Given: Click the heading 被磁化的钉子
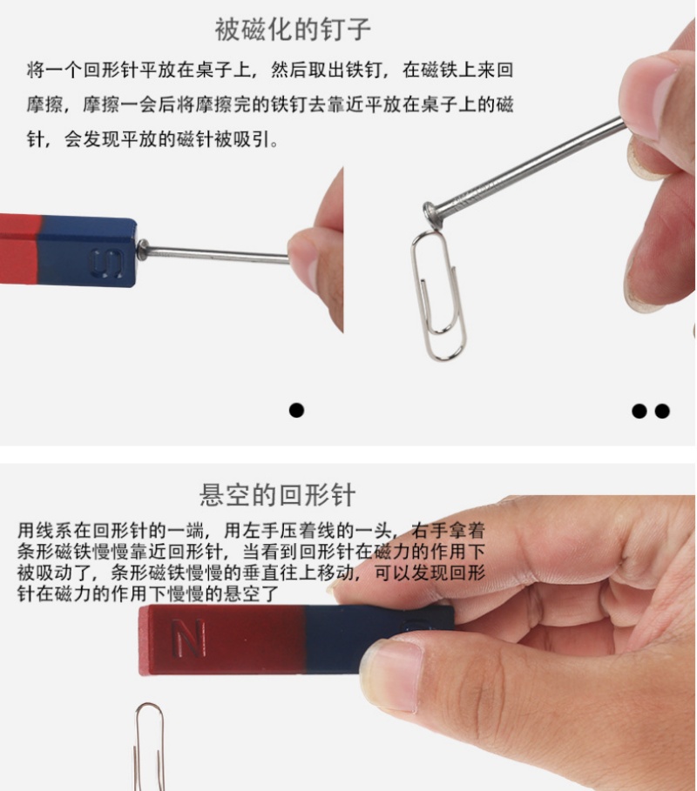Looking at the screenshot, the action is [x=293, y=29].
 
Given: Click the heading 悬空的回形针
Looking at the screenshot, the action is [x=277, y=495].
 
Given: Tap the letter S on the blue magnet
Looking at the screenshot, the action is [x=106, y=263].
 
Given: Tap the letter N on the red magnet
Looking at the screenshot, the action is [x=189, y=638].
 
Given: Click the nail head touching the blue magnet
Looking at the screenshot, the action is [x=142, y=250].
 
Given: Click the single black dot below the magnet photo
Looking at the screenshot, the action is [x=296, y=410].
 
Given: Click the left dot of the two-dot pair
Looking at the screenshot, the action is [x=639, y=411].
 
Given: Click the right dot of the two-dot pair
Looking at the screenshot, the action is [x=662, y=411].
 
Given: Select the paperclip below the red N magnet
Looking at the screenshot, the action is [x=150, y=747].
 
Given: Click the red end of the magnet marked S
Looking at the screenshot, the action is [x=20, y=248].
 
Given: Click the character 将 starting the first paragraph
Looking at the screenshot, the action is [x=36, y=70].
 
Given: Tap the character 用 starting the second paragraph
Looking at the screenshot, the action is [x=26, y=530].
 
